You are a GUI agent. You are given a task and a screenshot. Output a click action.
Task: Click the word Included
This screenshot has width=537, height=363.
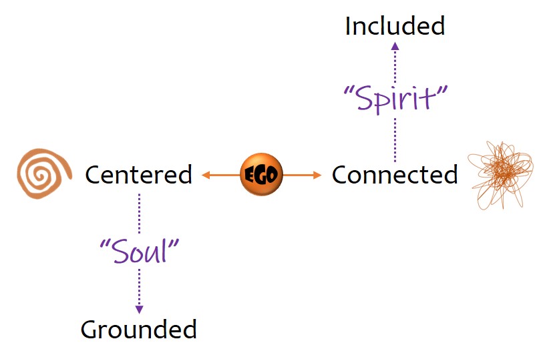[x=394, y=26]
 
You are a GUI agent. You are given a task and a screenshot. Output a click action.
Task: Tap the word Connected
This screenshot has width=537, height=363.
[x=395, y=175]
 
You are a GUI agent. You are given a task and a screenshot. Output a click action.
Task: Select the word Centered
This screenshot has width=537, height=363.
[x=138, y=175]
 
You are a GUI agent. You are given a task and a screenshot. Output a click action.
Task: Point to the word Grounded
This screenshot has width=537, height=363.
[x=139, y=329]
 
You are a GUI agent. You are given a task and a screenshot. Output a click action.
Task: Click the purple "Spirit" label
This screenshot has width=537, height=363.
[x=394, y=98]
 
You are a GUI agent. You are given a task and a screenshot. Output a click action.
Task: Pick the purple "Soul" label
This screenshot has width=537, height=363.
[x=140, y=252]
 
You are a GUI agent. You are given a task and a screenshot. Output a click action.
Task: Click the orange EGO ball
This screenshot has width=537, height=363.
[x=261, y=175]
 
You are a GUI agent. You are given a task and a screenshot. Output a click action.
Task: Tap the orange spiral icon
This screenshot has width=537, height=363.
[x=44, y=173]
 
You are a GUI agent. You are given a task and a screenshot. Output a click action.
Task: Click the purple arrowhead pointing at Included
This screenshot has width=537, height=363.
[x=395, y=46]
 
